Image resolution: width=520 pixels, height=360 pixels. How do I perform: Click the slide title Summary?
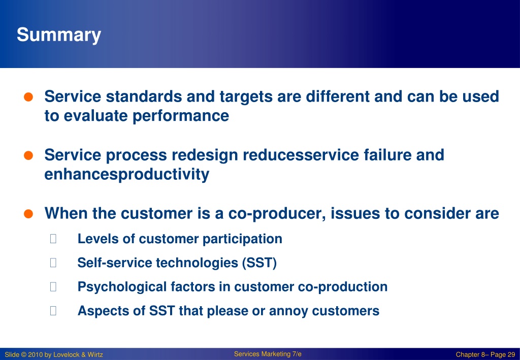coord(59,35)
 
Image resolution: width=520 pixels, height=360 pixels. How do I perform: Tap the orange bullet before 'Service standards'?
coord(28,97)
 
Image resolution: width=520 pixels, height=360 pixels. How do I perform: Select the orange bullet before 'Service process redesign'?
coord(28,155)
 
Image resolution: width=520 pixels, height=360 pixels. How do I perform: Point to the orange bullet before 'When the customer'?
coord(28,214)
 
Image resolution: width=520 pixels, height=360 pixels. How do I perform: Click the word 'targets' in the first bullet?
coord(246,97)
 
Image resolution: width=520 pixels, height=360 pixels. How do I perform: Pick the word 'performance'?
coord(180,116)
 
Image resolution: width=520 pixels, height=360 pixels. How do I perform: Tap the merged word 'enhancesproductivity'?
coord(126,174)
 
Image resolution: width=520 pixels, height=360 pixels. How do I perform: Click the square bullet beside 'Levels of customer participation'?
coord(53,239)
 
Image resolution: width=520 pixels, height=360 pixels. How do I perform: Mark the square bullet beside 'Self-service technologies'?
coord(53,263)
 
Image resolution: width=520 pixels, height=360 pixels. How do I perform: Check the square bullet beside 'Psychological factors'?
coord(53,286)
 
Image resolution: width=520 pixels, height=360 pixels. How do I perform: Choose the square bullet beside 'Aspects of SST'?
coord(53,311)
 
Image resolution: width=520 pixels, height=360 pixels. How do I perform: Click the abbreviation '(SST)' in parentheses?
coord(259,263)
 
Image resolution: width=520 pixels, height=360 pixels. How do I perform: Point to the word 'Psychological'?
coord(122,287)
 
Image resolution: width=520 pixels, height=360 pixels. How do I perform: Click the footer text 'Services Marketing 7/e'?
coord(268,354)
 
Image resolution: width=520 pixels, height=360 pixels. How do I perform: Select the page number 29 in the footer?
coord(511,354)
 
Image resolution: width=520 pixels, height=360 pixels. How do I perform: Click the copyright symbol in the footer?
coord(24,355)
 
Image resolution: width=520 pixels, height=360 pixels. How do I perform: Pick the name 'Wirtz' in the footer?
coord(95,355)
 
